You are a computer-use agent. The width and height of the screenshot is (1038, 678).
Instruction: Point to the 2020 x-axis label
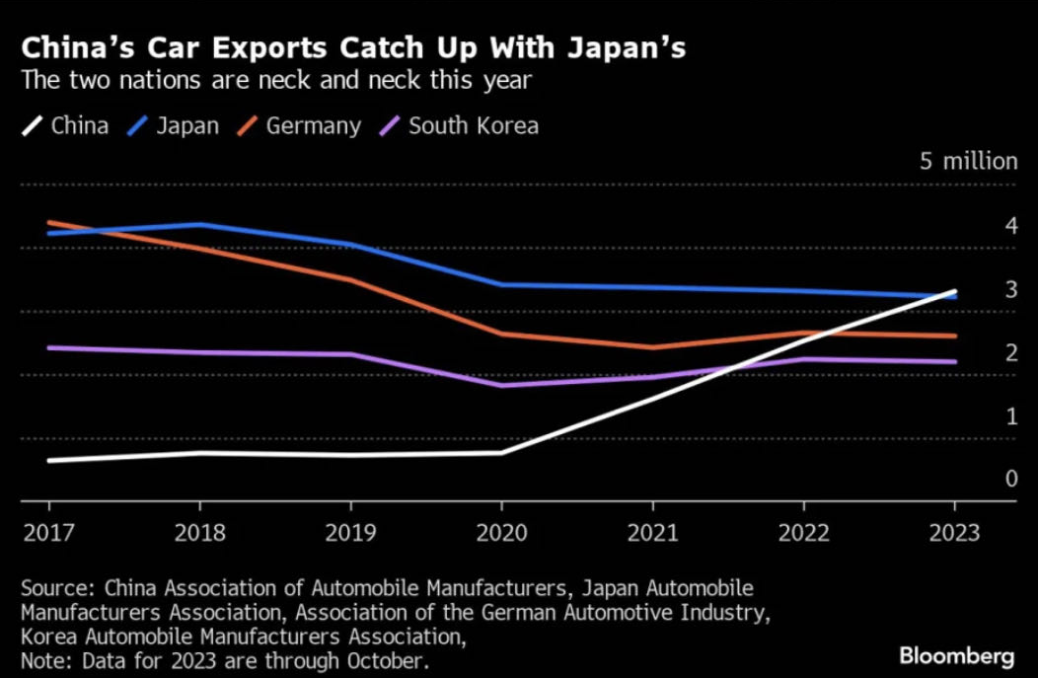tap(501, 533)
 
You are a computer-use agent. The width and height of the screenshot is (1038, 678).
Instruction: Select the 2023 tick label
tap(954, 533)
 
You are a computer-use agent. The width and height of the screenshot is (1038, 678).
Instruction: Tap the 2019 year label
tap(350, 533)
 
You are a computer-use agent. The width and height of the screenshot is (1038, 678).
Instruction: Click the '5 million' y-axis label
tap(968, 162)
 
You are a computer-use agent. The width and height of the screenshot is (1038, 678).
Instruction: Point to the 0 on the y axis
tap(984, 480)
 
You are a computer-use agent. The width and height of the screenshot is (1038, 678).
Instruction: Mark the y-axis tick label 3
tap(984, 290)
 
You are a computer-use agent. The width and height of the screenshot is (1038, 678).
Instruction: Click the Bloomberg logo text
tap(956, 655)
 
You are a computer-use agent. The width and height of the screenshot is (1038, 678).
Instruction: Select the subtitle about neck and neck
tap(276, 81)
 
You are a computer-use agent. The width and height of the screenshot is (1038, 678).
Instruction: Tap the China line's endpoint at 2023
tap(954, 292)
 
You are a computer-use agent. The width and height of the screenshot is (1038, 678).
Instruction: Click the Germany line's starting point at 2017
tap(49, 223)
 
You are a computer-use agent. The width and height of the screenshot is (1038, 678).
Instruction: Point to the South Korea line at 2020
tap(501, 385)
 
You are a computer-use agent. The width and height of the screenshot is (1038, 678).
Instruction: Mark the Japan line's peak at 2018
tap(200, 225)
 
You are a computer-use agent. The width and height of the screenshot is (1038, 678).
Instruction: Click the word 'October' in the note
tap(389, 659)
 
